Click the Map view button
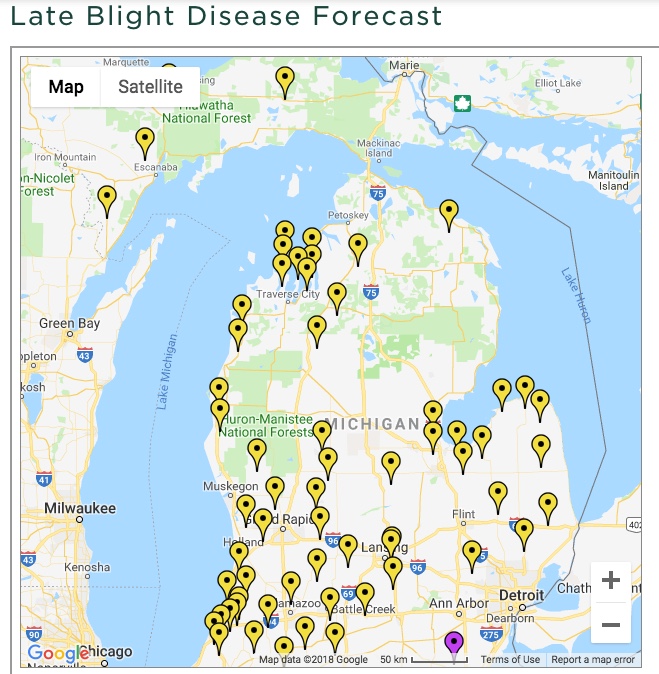66,87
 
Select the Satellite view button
150,87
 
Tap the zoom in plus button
610,581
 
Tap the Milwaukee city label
79,507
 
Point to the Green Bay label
69,323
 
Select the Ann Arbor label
459,603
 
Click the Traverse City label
288,294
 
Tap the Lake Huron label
576,295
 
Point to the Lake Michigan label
167,371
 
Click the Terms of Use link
510,659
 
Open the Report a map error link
593,659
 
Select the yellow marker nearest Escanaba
145,140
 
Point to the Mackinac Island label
379,148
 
